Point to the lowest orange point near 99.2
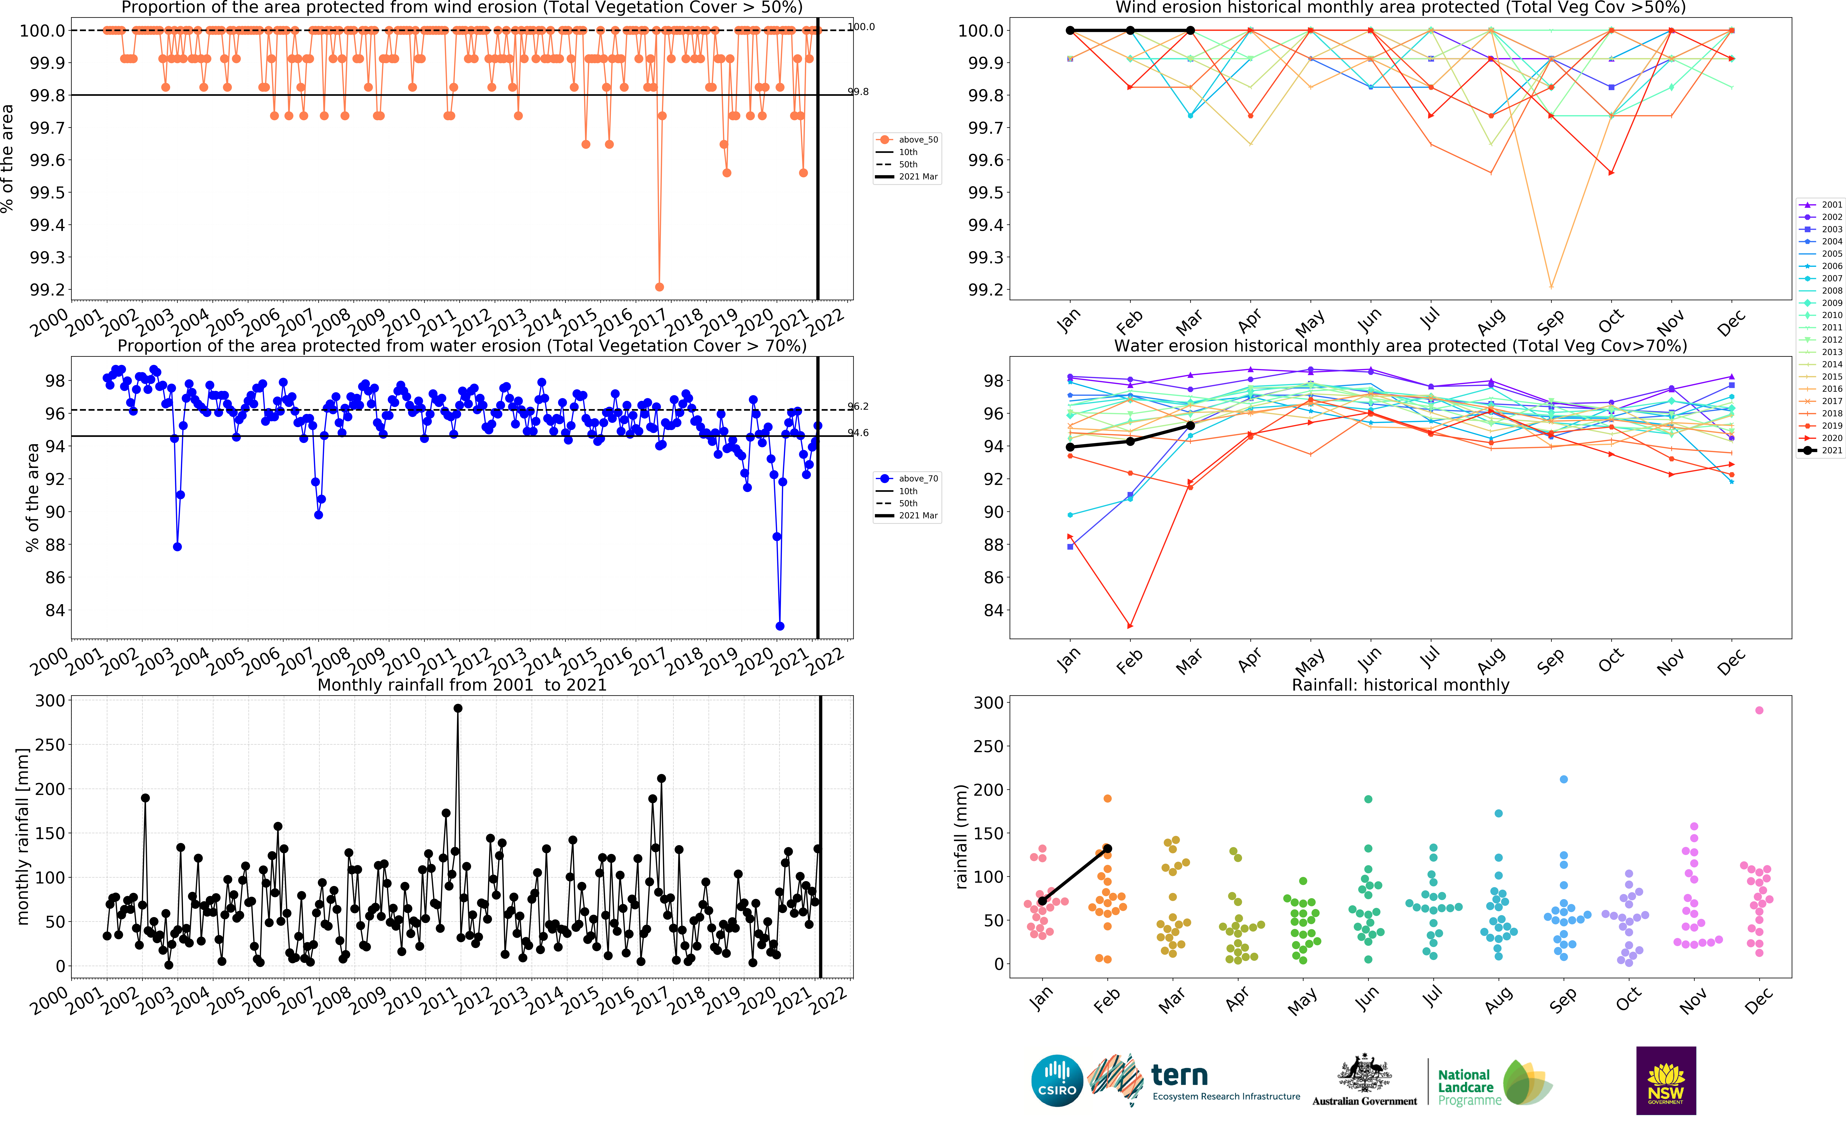pyautogui.click(x=659, y=287)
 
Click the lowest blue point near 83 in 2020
pyautogui.click(x=780, y=626)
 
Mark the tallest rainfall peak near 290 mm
pyautogui.click(x=458, y=708)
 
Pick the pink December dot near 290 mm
pyautogui.click(x=1759, y=711)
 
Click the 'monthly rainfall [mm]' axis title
pyautogui.click(x=22, y=836)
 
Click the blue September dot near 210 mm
pyautogui.click(x=1564, y=780)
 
